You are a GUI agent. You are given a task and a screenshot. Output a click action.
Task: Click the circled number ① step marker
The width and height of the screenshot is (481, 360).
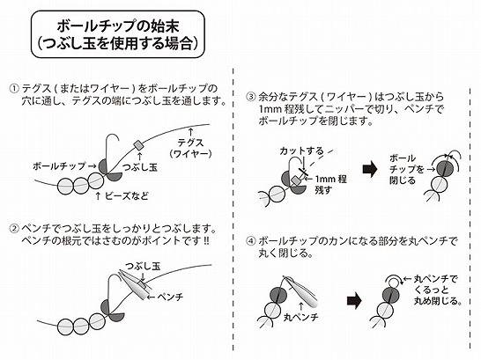14,89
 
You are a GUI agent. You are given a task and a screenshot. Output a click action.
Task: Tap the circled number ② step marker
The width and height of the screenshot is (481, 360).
14,229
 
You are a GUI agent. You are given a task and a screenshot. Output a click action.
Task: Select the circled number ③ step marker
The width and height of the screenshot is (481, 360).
251,97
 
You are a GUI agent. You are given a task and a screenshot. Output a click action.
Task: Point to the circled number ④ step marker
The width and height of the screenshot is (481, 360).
251,241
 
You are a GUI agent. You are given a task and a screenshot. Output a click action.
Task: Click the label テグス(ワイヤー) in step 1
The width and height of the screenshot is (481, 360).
191,148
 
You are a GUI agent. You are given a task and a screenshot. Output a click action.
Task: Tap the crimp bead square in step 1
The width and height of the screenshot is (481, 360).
138,144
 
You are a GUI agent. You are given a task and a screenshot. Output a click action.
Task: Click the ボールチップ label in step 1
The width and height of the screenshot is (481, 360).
60,166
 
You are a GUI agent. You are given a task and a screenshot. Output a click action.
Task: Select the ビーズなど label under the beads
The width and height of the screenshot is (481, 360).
126,195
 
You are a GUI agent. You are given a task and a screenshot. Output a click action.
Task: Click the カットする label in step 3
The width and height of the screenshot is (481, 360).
301,151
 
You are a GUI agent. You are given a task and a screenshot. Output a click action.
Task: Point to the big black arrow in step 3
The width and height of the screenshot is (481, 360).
370,169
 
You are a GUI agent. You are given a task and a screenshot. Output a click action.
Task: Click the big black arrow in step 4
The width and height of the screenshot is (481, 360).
354,300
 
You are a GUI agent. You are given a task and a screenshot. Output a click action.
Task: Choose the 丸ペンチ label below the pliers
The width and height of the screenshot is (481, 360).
301,317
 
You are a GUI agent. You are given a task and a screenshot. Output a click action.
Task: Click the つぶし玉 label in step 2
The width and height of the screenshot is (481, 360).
143,266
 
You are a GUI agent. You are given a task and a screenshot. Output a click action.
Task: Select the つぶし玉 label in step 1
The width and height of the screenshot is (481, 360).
140,167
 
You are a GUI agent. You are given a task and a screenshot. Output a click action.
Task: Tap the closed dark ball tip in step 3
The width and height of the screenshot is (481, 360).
445,167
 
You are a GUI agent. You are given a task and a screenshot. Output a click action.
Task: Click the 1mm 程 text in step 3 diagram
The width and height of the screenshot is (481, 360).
331,179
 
